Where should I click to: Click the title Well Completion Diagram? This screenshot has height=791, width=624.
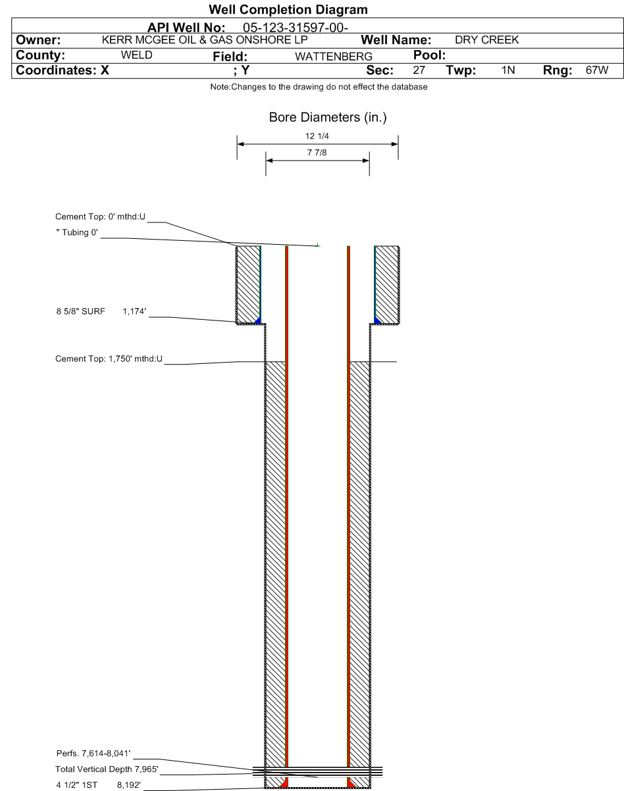[288, 10]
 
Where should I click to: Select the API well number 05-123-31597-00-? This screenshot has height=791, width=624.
[296, 28]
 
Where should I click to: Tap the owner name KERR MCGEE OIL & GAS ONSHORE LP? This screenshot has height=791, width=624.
[205, 39]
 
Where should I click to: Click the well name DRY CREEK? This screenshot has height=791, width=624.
[486, 39]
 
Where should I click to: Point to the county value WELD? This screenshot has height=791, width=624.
[136, 55]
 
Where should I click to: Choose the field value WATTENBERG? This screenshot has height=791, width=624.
[334, 57]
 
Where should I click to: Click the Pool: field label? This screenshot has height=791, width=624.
[429, 55]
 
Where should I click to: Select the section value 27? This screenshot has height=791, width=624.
[419, 70]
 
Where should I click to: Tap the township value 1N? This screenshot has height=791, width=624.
[508, 70]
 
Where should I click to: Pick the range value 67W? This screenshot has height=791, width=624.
[597, 70]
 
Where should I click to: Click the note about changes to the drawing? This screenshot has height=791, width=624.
[319, 87]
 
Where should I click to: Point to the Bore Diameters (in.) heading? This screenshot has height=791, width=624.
[328, 117]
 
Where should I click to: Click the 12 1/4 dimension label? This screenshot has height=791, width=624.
[317, 136]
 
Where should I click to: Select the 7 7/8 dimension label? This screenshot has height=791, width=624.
[317, 153]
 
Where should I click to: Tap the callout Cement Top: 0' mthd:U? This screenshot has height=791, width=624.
[101, 217]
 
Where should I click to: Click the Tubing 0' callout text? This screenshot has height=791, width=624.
[77, 232]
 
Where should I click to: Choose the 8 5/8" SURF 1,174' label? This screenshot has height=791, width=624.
[101, 311]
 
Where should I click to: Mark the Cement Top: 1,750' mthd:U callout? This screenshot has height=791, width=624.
[109, 359]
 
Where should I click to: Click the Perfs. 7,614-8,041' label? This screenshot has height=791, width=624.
[93, 753]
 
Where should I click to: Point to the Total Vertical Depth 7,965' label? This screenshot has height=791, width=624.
[107, 769]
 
